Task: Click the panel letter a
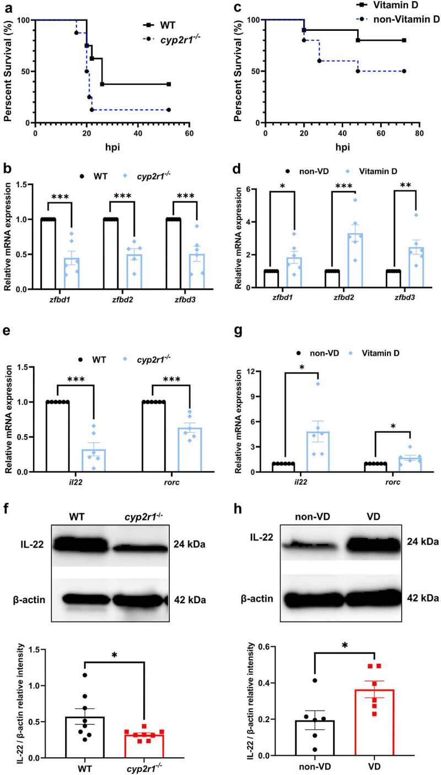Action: tap(6, 6)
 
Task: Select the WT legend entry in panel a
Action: tap(159, 25)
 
